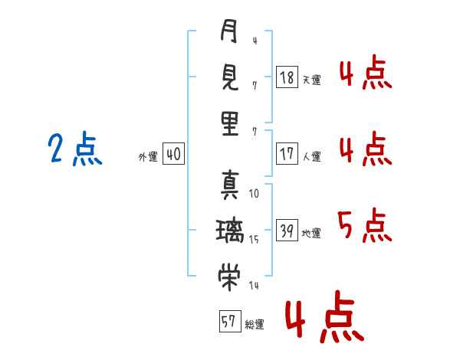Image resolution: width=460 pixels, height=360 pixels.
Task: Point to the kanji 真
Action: tap(229, 184)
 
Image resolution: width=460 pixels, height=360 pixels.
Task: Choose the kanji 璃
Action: tap(229, 230)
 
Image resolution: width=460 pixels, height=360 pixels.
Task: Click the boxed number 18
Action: tap(287, 77)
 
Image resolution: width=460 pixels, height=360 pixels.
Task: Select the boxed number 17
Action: tap(287, 153)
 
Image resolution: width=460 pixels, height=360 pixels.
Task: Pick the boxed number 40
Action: tap(173, 155)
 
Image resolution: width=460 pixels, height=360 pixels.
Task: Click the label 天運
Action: tap(311, 79)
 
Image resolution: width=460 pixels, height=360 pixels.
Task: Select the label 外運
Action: tap(148, 157)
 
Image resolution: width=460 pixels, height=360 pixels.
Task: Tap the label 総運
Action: tap(254, 325)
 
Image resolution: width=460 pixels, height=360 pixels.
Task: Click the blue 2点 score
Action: tap(74, 149)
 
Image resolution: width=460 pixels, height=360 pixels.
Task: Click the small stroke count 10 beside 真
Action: tap(254, 194)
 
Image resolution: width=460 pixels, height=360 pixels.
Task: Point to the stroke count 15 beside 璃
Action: tap(254, 240)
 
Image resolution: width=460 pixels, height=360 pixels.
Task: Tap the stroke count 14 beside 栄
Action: tap(254, 286)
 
